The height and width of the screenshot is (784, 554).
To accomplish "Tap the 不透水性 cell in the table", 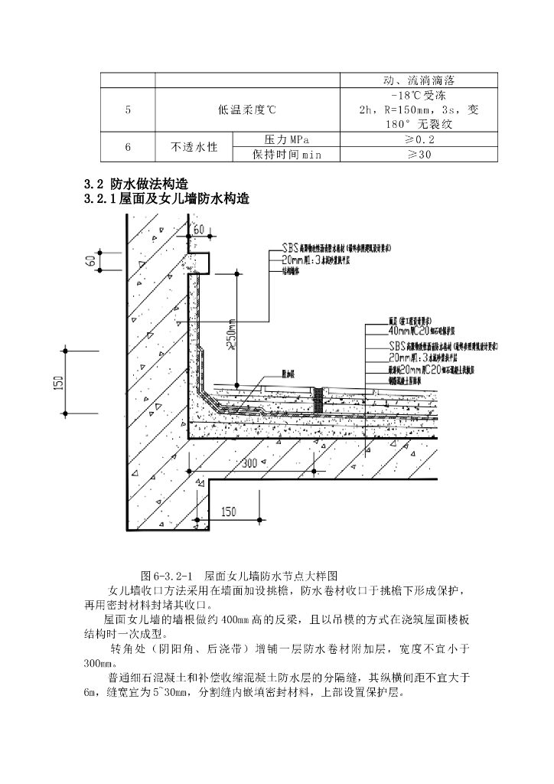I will [x=193, y=146].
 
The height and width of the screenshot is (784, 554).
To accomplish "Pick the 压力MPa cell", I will [x=285, y=139].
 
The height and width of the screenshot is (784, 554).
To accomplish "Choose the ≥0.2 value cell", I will [x=419, y=139].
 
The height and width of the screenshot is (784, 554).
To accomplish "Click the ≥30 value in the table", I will [x=419, y=154].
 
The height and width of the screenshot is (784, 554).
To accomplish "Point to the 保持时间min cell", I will [x=285, y=154].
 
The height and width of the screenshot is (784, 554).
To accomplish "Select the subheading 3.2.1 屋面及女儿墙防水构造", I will [x=166, y=199].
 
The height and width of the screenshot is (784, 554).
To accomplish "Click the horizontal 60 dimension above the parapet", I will [x=199, y=230].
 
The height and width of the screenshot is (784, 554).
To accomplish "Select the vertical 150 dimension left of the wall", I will [x=59, y=382].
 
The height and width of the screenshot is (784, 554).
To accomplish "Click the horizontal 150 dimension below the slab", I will [x=228, y=511].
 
